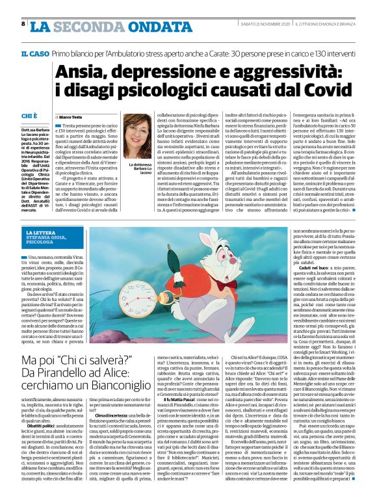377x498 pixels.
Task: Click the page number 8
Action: (23, 23)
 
